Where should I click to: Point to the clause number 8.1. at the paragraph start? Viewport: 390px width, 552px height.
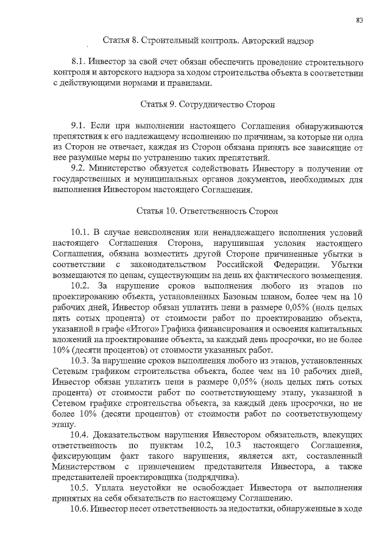point(79,63)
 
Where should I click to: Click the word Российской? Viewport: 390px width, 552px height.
point(241,265)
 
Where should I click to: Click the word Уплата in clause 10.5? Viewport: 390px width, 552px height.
point(114,487)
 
